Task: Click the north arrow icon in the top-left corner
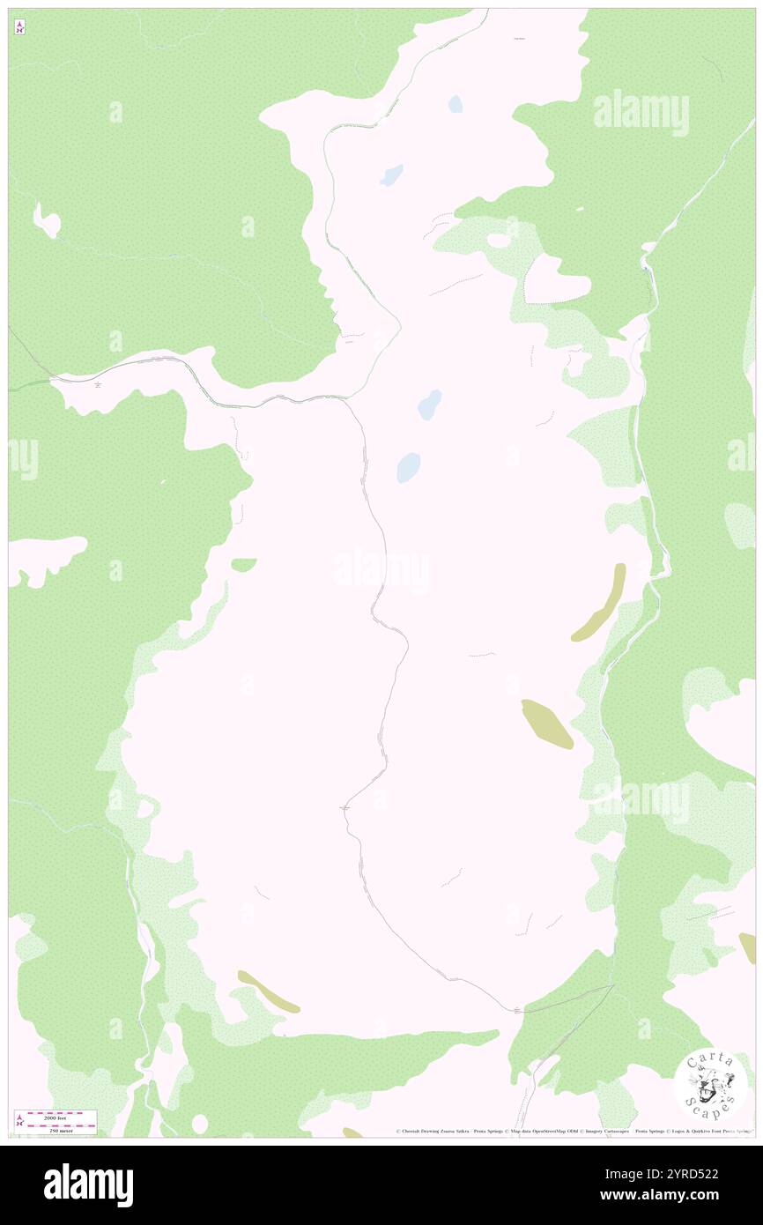(x=19, y=27)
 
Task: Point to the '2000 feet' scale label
(x=61, y=1115)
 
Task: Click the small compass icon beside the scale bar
(x=19, y=1121)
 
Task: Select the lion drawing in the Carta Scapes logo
(x=709, y=1086)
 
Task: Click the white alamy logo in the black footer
(x=88, y=1184)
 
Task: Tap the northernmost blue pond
(x=456, y=104)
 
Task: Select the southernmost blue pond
(x=408, y=467)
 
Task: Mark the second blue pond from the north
(x=391, y=175)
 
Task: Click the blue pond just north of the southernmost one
(x=429, y=405)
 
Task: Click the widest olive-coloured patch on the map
(x=547, y=724)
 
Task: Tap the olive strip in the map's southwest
(x=268, y=991)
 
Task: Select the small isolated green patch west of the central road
(x=243, y=564)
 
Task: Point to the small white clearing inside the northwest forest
(x=47, y=220)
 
